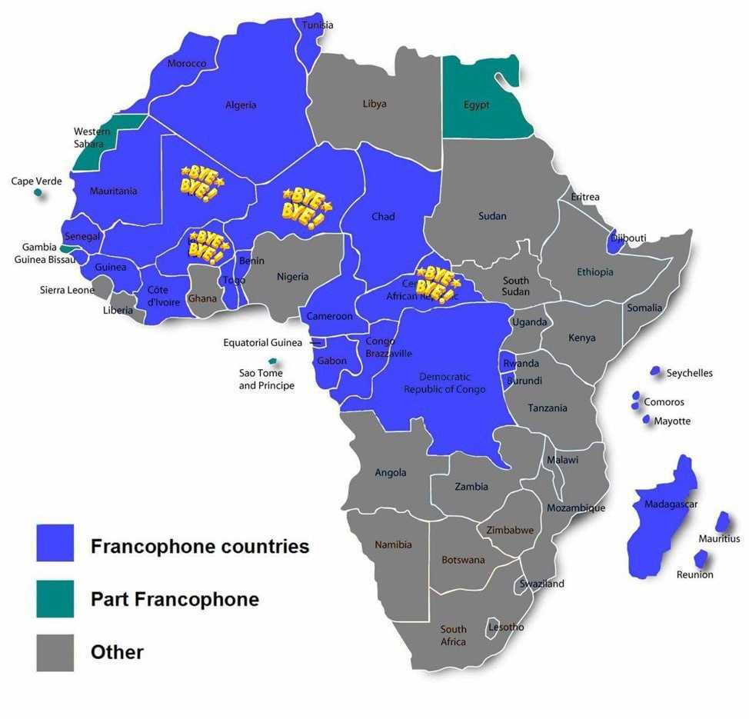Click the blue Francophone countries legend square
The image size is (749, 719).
[x=55, y=543]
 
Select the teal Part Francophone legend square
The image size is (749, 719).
[x=55, y=598]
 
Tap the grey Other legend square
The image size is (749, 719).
[x=55, y=652]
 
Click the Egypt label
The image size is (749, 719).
[x=476, y=105]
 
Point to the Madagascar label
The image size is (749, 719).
[x=666, y=504]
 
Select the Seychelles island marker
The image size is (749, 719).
[x=655, y=371]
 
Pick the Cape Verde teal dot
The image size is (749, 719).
[x=38, y=191]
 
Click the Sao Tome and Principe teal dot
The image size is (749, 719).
[x=271, y=361]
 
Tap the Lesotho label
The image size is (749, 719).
[x=506, y=627]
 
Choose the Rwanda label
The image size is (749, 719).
[x=521, y=364]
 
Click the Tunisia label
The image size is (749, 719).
[x=318, y=25]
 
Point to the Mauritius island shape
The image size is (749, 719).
[x=722, y=522]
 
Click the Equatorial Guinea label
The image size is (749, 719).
[x=262, y=343]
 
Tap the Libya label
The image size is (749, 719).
[x=374, y=104]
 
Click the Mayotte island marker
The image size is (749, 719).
[x=646, y=419]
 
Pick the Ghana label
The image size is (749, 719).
[x=202, y=298]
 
